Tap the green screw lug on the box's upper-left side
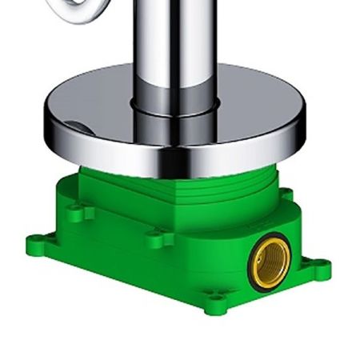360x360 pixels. [78, 211]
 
